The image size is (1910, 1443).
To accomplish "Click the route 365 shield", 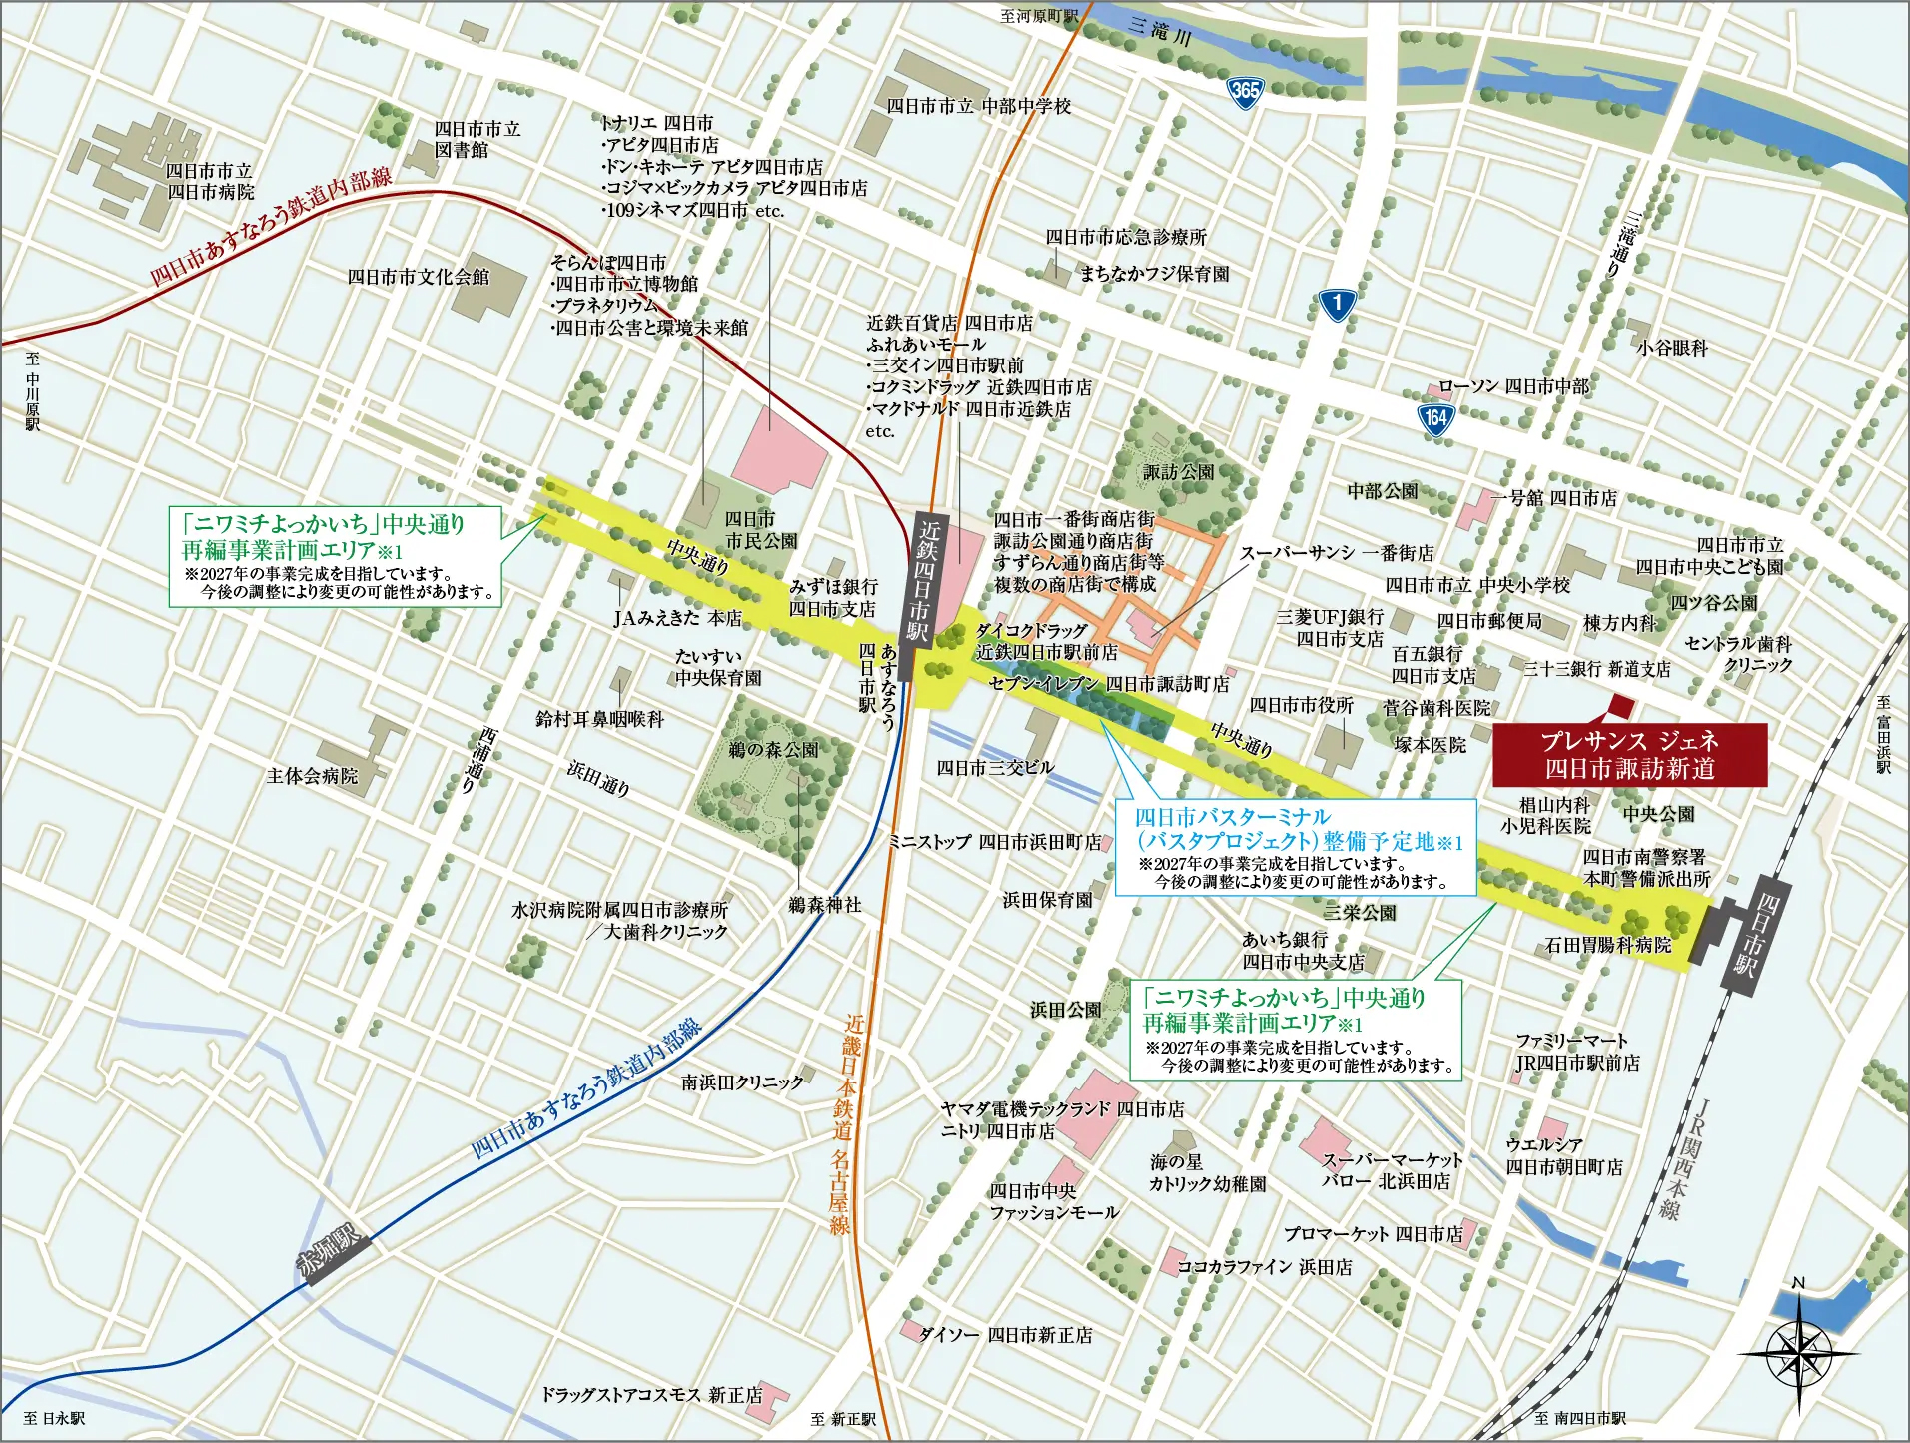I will (1245, 91).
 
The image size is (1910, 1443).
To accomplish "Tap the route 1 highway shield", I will (1337, 303).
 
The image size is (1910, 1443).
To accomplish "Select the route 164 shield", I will (1435, 418).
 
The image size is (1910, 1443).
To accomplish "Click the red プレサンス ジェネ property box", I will (1629, 754).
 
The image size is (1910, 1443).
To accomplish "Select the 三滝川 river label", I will (1160, 33).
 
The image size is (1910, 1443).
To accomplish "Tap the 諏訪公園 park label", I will (1179, 472).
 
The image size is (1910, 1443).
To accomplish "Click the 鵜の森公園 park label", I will (773, 749).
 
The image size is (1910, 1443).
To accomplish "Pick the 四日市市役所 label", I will (1301, 705).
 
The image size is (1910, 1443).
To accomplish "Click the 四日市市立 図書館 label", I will (477, 139).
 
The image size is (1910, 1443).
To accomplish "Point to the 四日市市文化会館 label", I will (418, 277).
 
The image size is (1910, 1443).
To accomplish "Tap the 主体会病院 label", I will (312, 776).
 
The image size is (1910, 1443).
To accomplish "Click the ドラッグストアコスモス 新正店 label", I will (651, 1394).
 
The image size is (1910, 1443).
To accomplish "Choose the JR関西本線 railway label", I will (1687, 1158).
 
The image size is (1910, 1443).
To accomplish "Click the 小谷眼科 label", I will (1671, 348).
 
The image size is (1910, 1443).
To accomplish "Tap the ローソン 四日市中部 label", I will (1512, 386).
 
